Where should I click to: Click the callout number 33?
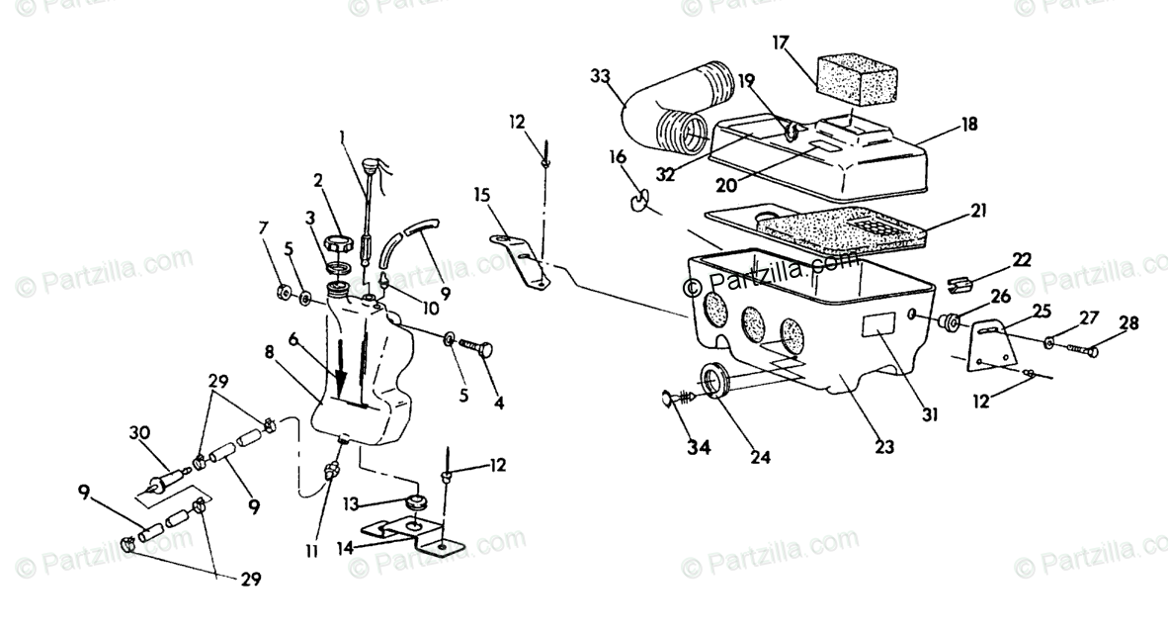pyautogui.click(x=600, y=76)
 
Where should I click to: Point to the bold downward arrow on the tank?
pyautogui.click(x=341, y=372)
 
